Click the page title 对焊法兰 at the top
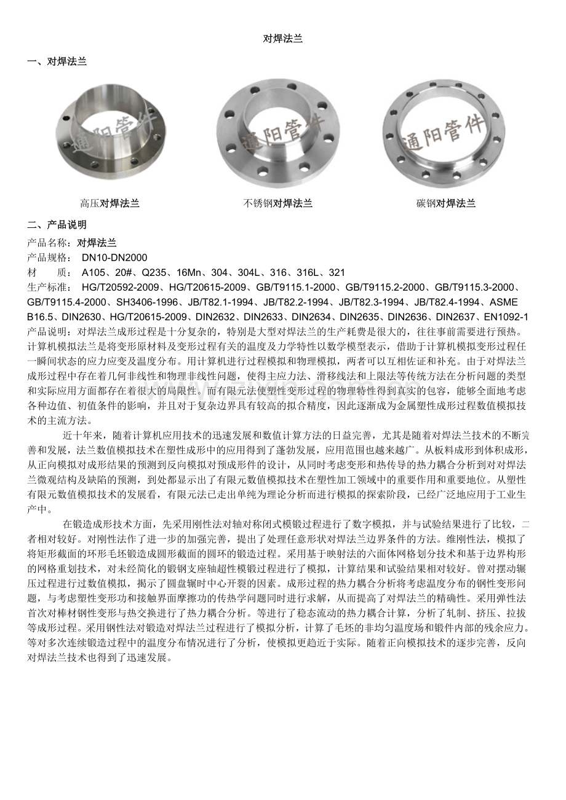(282, 38)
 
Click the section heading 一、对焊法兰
(57, 61)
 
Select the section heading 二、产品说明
(57, 224)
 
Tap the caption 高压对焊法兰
(110, 203)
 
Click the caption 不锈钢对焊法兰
(278, 203)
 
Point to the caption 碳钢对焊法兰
(446, 203)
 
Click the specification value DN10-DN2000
(114, 257)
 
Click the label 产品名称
(49, 243)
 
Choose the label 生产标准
(49, 287)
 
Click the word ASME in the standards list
(504, 302)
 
